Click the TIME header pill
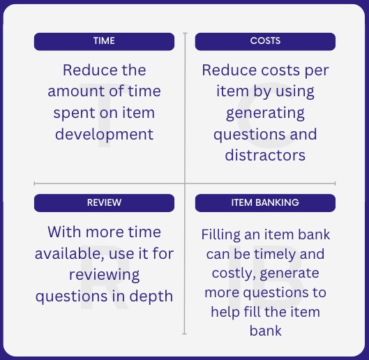104,42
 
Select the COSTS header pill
265,42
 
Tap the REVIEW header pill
104,203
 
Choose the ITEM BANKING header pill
265,203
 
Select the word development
104,135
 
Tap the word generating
265,114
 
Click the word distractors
265,156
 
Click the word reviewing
104,276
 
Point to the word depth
151,297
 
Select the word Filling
220,235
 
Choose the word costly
234,273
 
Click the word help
225,313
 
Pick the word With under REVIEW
64,232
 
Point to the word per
317,71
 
